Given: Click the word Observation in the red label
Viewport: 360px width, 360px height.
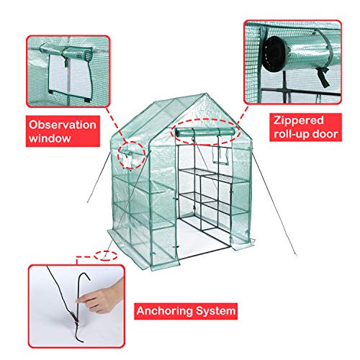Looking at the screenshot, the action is [63, 125].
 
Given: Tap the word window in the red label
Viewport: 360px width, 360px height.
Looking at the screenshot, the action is [50, 138].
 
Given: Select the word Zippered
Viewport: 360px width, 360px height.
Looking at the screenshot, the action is [299, 121].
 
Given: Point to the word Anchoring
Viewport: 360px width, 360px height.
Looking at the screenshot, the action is [165, 311].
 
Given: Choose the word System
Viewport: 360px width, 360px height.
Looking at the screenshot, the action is [215, 311].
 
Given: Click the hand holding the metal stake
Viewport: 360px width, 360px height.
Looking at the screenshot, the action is [101, 297].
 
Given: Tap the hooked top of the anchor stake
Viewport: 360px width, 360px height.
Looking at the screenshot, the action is [84, 276].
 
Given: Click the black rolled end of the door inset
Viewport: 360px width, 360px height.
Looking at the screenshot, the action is [273, 54].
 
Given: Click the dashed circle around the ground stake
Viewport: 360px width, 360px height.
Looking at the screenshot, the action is [106, 256].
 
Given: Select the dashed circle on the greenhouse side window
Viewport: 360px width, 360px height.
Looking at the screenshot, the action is [131, 155].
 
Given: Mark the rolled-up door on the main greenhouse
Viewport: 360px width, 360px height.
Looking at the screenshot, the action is [205, 132].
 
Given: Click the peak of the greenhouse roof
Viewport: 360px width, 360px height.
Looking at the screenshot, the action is [206, 94].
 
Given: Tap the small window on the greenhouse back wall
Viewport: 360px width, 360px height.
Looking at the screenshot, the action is [220, 156].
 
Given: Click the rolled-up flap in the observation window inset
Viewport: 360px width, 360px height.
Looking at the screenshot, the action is [66, 52].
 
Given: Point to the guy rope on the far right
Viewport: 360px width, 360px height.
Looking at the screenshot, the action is [274, 204].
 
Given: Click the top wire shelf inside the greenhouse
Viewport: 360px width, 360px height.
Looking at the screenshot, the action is [197, 171].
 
